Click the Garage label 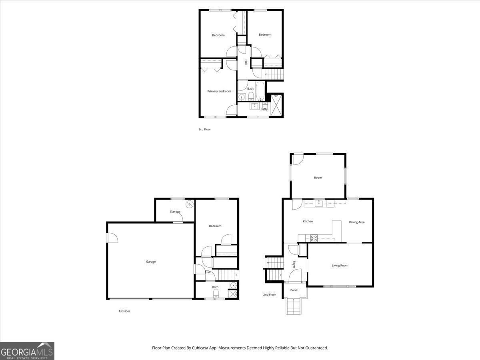pos(151,262)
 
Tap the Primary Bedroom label pos(219,91)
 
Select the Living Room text pos(340,266)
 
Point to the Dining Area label pos(357,222)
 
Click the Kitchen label pos(308,222)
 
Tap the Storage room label pos(175,212)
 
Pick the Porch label pos(294,290)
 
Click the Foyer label pos(294,264)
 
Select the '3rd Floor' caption pos(205,129)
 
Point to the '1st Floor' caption pos(124,311)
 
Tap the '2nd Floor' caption pos(270,295)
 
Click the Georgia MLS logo pos(27,351)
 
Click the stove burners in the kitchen pos(314,238)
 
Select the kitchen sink pos(319,204)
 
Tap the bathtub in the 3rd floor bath pos(260,91)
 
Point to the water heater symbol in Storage pos(189,204)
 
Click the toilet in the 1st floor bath pos(216,293)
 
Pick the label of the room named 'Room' pos(318,178)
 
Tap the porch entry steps pos(294,306)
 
